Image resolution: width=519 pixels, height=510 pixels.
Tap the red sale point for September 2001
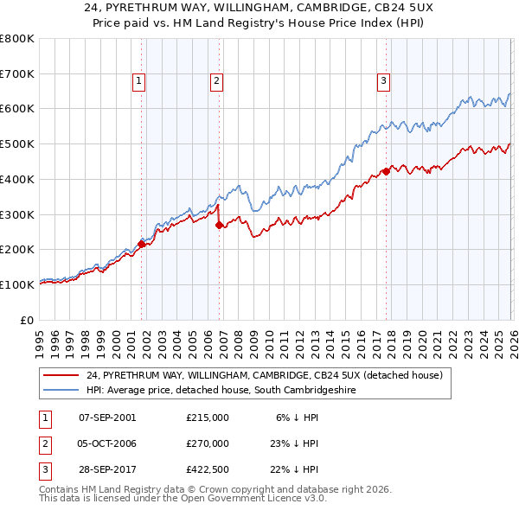(141, 244)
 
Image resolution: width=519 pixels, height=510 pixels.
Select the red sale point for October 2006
(219, 225)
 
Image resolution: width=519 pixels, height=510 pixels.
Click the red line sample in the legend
(61, 375)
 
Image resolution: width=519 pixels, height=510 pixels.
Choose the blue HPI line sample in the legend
(61, 391)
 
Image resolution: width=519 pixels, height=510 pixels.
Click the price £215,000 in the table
(207, 417)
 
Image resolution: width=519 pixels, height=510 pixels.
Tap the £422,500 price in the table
(207, 470)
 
